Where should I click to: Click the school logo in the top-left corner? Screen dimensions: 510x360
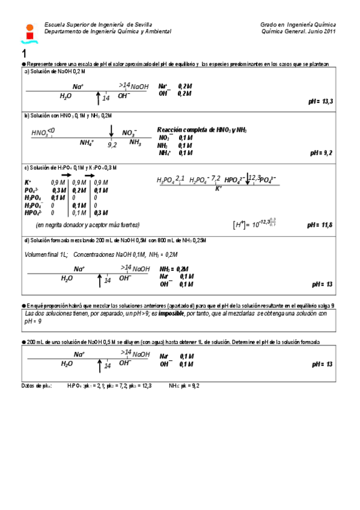(28, 32)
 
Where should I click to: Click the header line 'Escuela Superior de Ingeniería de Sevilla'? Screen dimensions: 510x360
(94, 25)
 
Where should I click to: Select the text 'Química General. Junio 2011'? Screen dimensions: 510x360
(294, 31)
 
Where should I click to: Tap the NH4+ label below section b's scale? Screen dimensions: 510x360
(87, 143)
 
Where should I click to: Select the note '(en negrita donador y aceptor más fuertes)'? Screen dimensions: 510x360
(87, 224)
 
